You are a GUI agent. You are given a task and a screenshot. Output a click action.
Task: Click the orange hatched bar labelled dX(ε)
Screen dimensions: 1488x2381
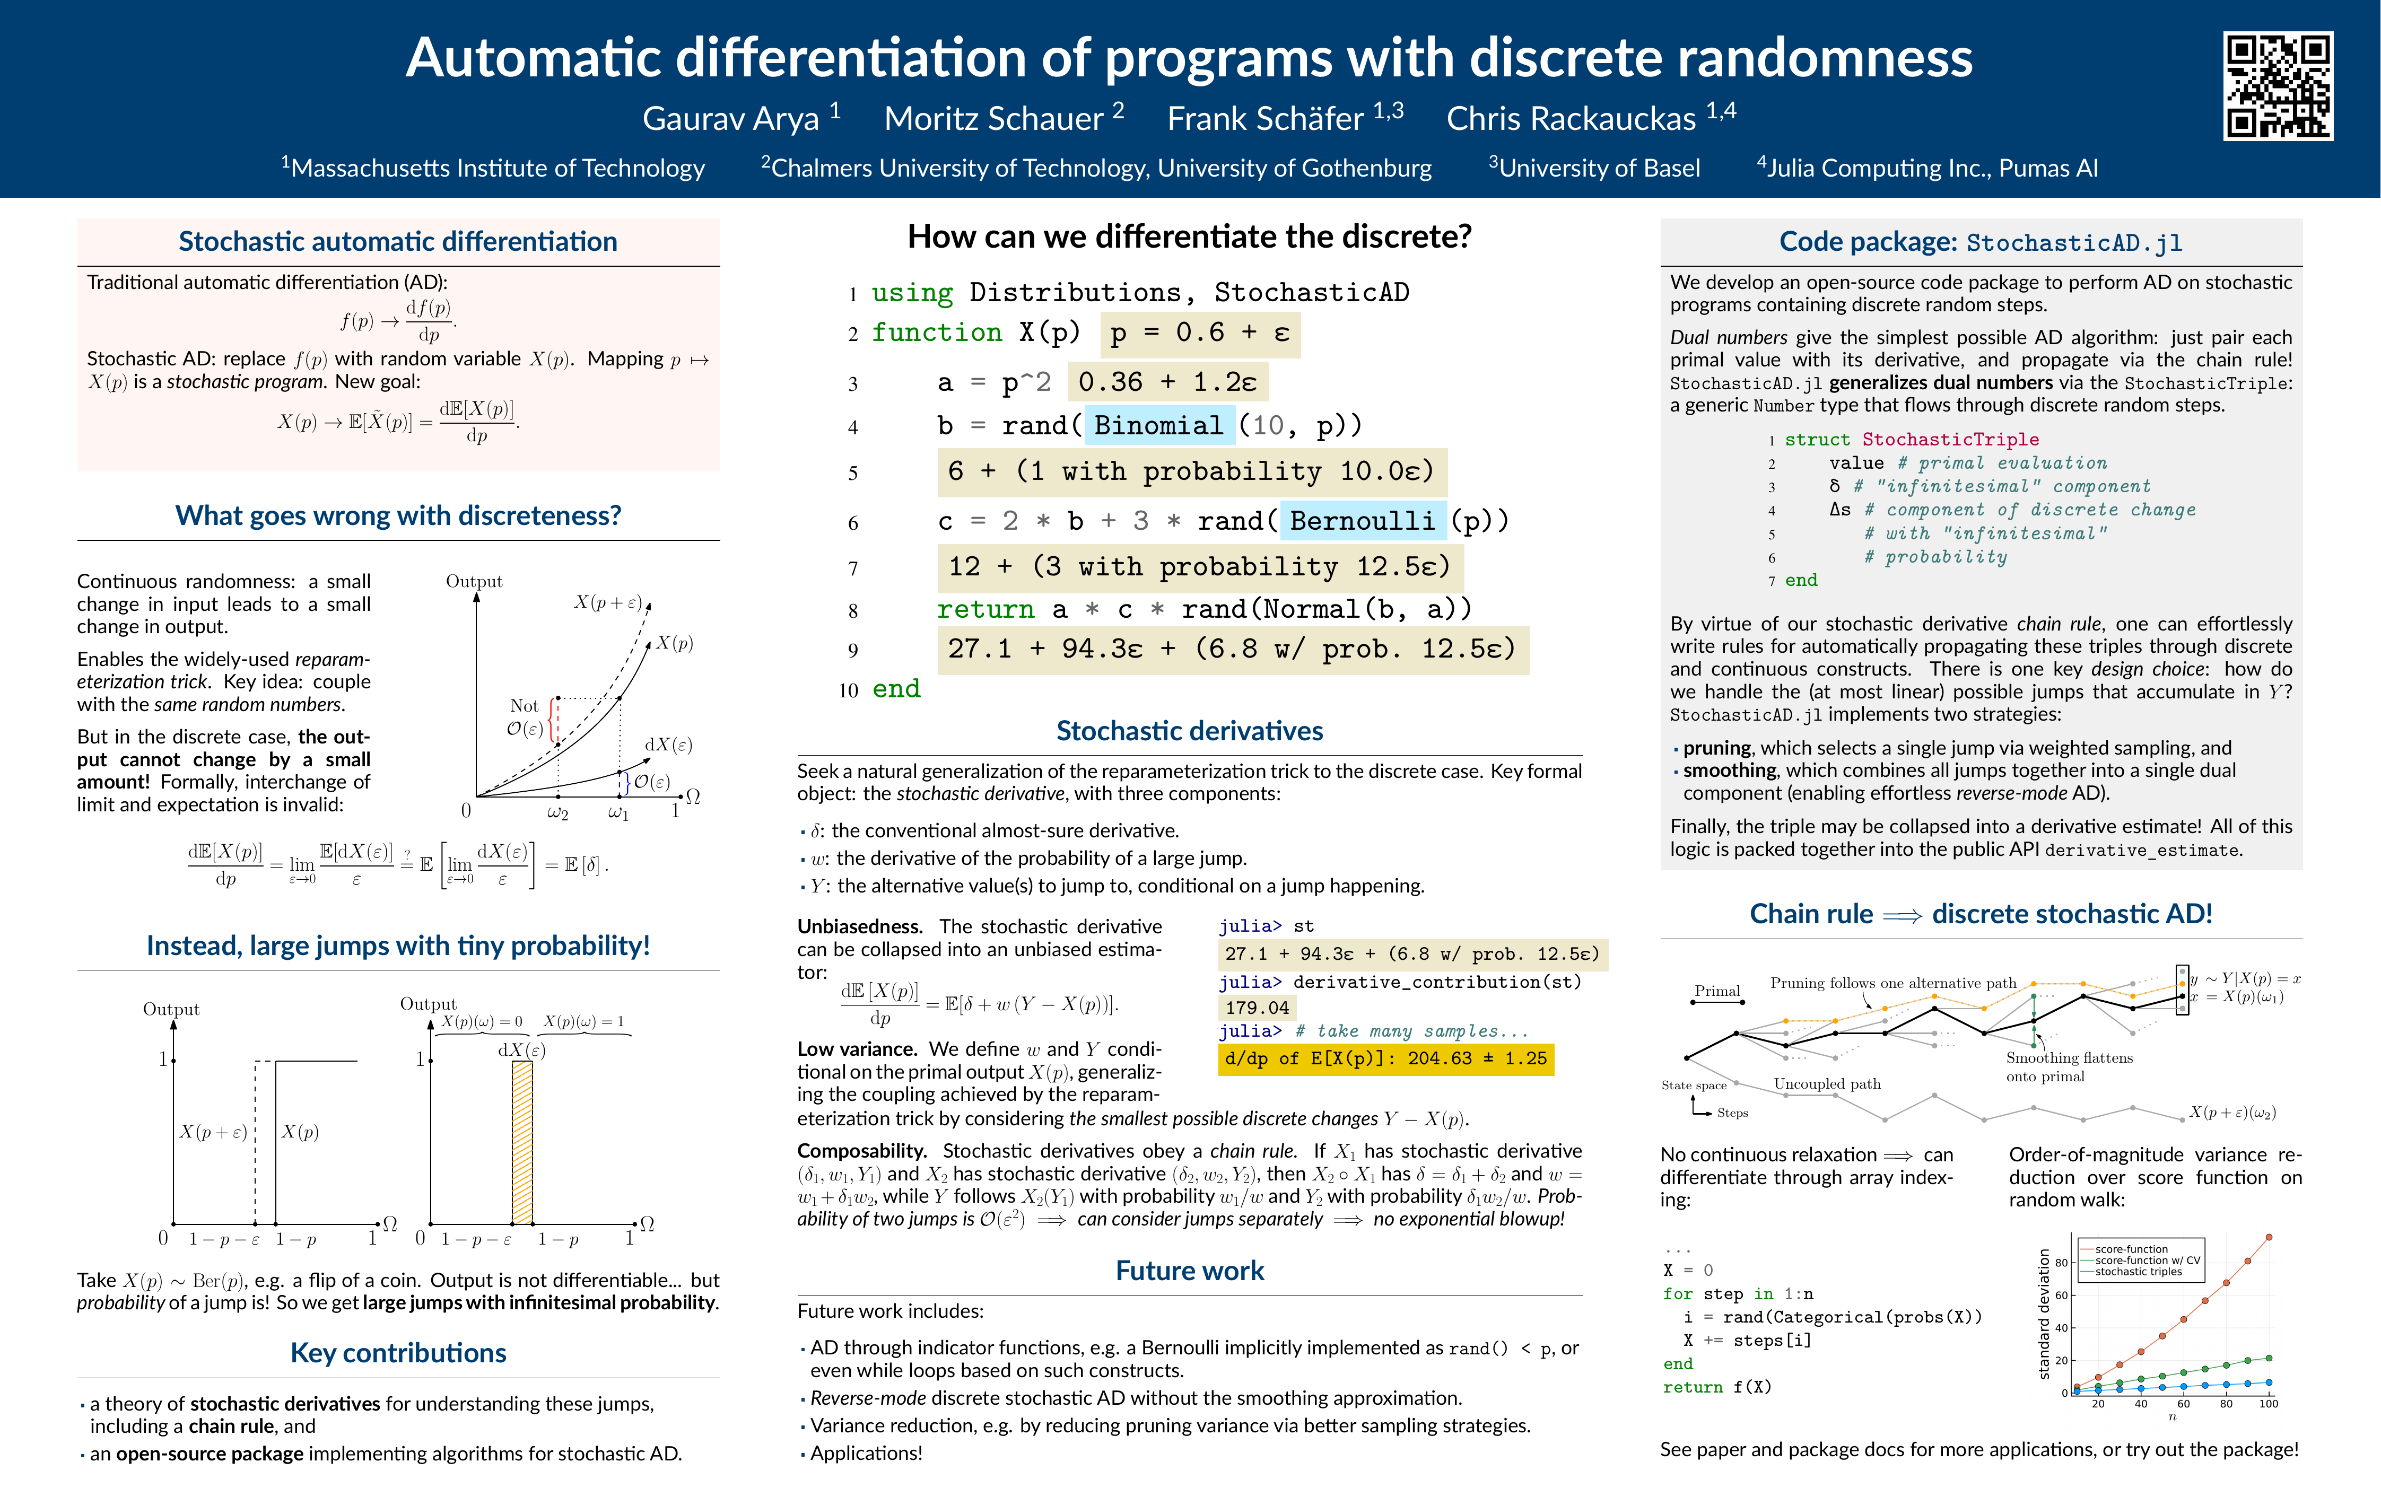point(522,1142)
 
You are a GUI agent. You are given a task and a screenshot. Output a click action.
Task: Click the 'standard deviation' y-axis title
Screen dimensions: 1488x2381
point(2044,1314)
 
